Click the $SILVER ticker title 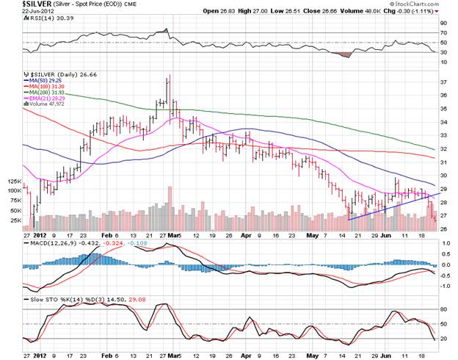click(x=21, y=4)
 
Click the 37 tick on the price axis click(x=443, y=82)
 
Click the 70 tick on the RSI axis click(x=443, y=33)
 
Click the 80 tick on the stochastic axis click(x=443, y=309)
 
